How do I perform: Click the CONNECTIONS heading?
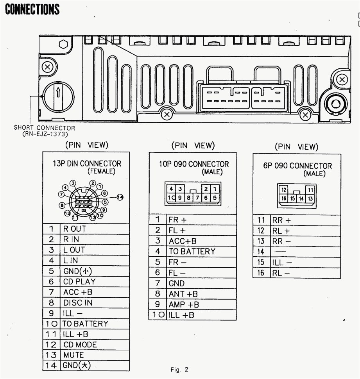pos(32,9)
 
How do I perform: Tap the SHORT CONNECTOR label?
pos(44,128)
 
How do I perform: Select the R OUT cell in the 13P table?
pos(74,229)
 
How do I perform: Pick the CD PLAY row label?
pos(79,281)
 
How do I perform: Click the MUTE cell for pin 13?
pos(73,355)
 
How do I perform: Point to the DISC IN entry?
pos(78,302)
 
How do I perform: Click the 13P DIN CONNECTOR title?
pos(87,164)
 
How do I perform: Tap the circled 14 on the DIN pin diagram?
pos(120,197)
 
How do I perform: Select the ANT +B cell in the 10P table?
pos(183,294)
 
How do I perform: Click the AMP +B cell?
pos(183,304)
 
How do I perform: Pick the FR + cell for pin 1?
pos(177,220)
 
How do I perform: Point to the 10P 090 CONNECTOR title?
pos(193,164)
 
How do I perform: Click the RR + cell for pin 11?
pos(281,220)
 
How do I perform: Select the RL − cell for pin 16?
pos(281,273)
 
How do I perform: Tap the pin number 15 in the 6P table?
pos(261,263)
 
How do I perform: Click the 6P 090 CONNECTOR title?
pos(297,166)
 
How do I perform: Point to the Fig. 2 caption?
pos(179,370)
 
